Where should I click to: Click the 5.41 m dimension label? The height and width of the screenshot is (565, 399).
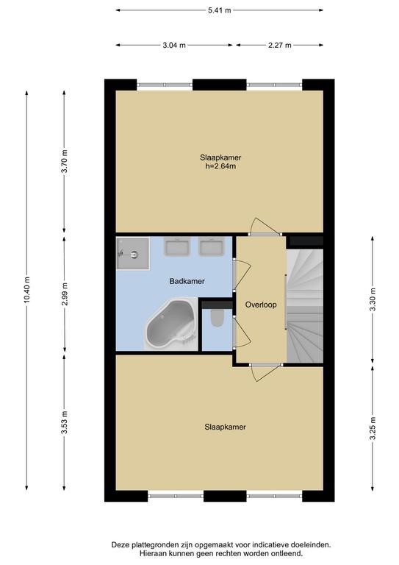220,10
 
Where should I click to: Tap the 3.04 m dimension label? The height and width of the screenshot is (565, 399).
174,45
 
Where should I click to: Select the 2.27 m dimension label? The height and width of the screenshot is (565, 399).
279,45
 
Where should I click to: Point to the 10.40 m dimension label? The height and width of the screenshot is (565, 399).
27,290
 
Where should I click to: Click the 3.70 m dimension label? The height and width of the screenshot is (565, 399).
65,161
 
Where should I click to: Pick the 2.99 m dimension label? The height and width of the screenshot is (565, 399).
65,294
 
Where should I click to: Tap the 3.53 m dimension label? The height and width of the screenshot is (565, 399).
65,422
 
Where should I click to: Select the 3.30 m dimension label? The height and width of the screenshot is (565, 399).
373,299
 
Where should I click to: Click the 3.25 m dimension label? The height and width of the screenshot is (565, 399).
373,428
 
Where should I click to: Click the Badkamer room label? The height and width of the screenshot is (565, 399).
187,281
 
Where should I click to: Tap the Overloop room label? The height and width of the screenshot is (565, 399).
261,305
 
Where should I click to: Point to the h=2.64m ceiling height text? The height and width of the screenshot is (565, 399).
220,166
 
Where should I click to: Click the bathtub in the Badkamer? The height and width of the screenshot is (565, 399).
170,324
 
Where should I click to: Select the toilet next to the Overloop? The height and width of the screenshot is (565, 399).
217,318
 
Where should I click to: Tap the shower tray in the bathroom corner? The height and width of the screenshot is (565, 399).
133,253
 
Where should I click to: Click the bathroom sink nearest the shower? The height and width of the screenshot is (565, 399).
176,247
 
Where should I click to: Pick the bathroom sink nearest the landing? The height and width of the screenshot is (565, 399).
212,247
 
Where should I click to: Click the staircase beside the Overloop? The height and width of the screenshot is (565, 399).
305,305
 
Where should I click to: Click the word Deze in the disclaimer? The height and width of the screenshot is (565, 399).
120,545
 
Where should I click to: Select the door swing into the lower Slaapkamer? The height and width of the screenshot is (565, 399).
265,374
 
